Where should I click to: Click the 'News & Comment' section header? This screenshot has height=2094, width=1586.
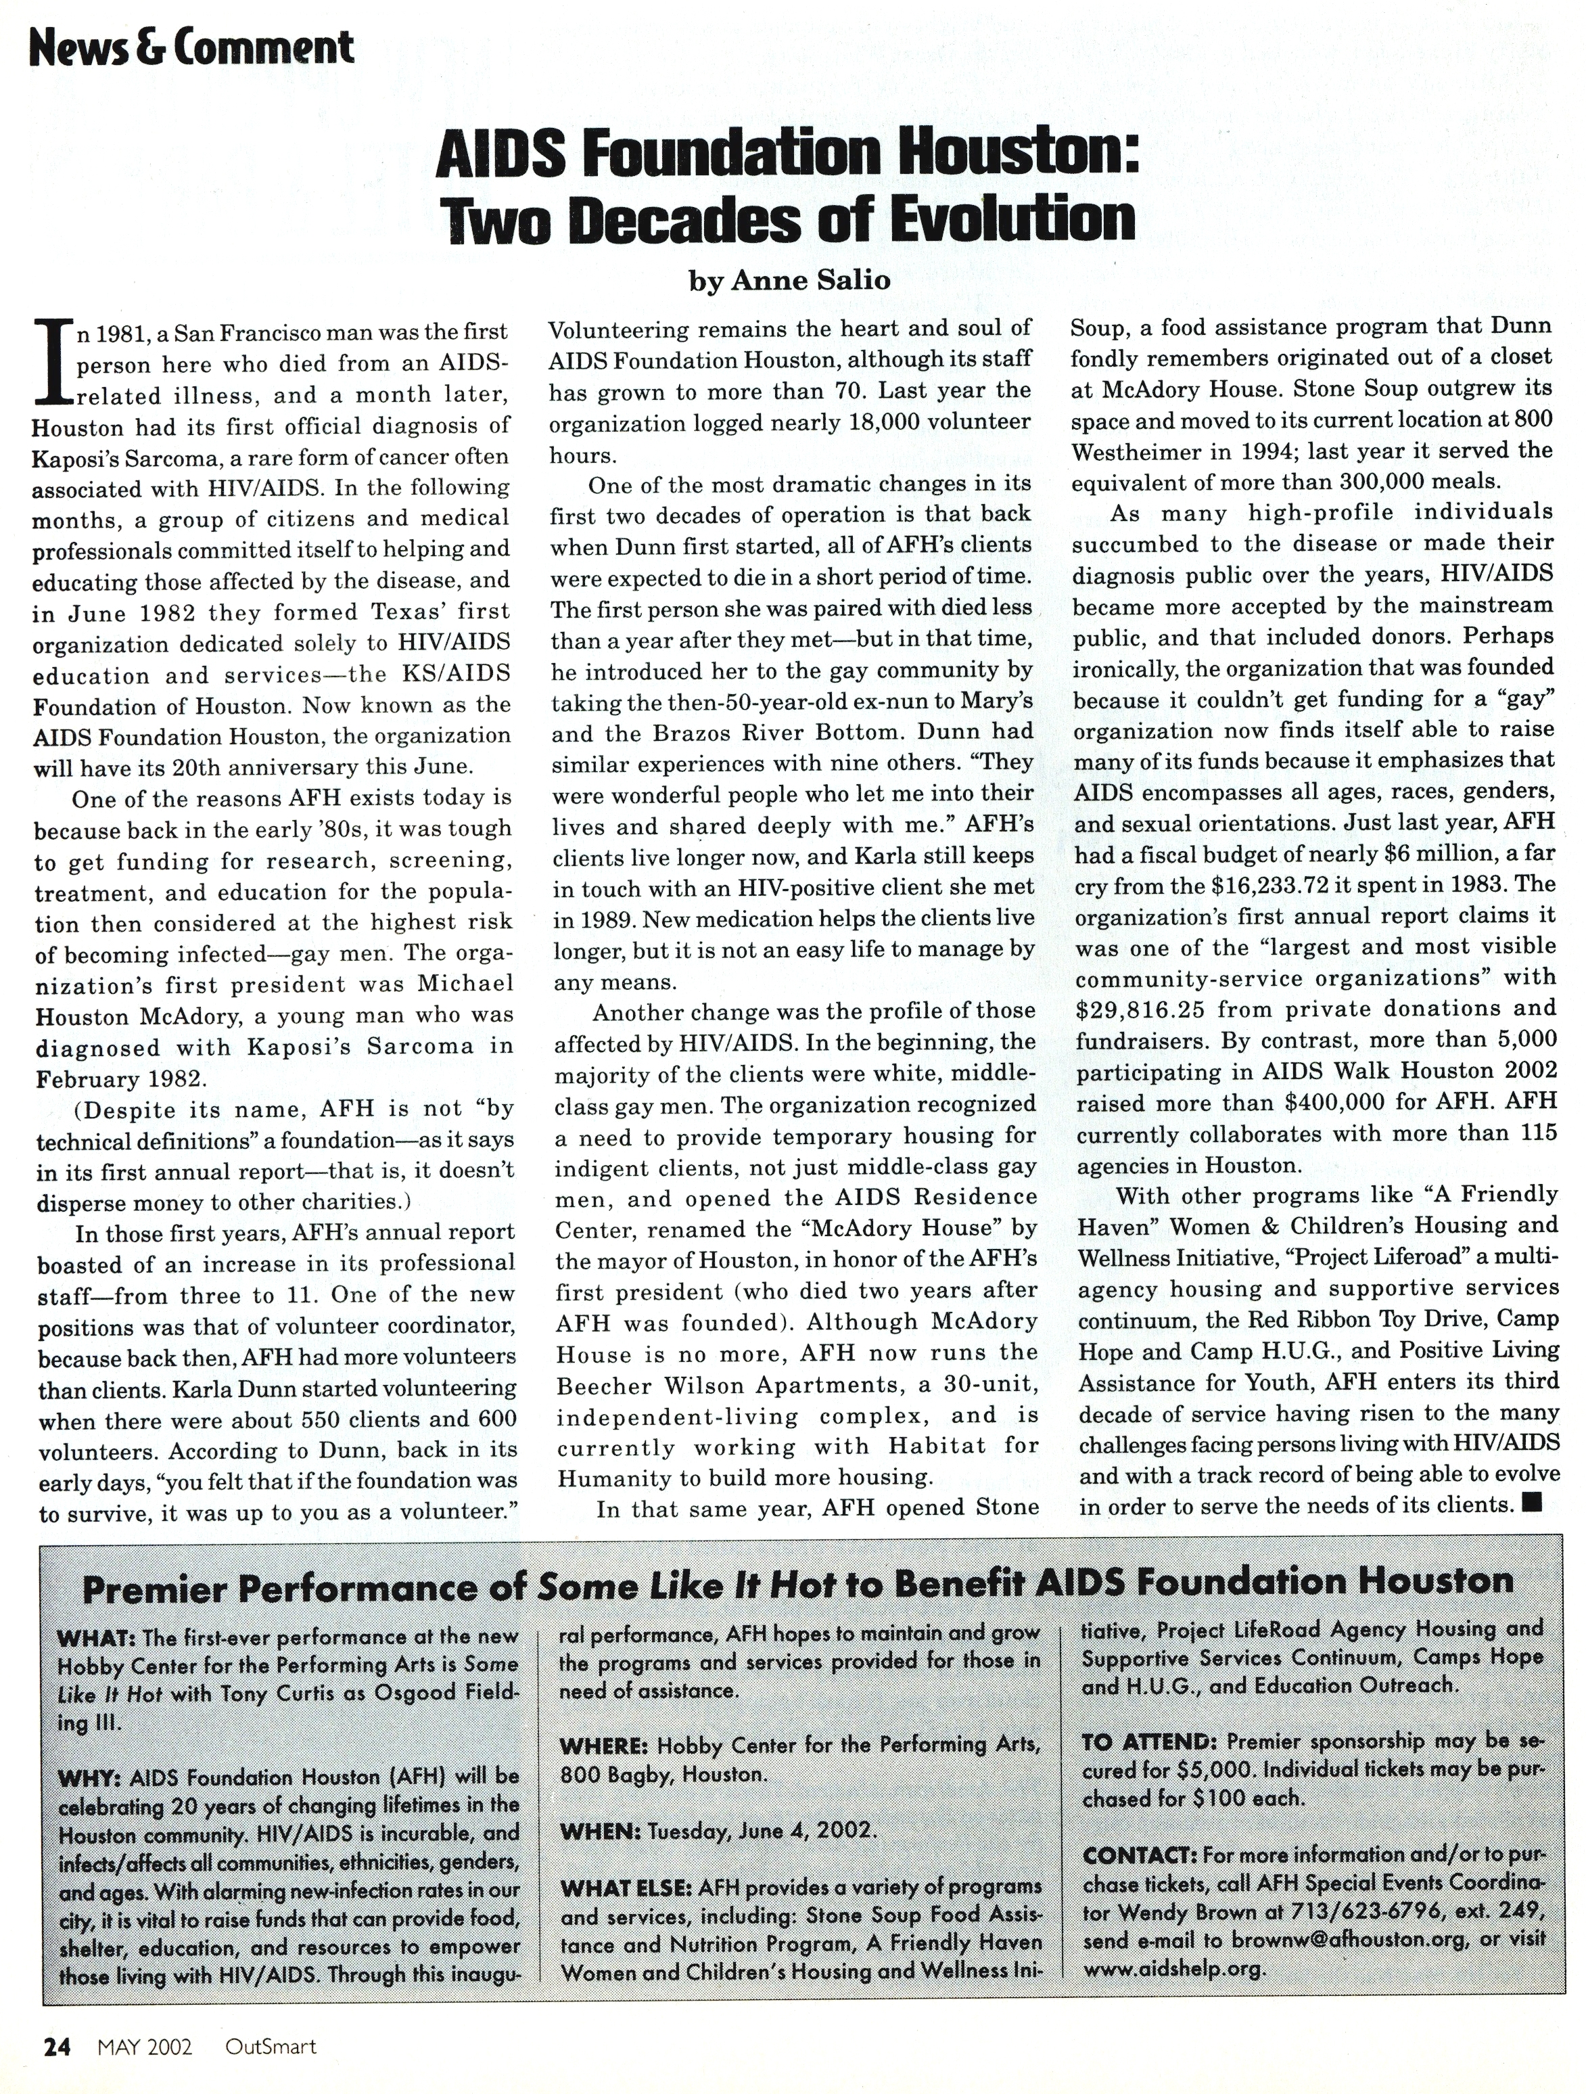pyautogui.click(x=192, y=47)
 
